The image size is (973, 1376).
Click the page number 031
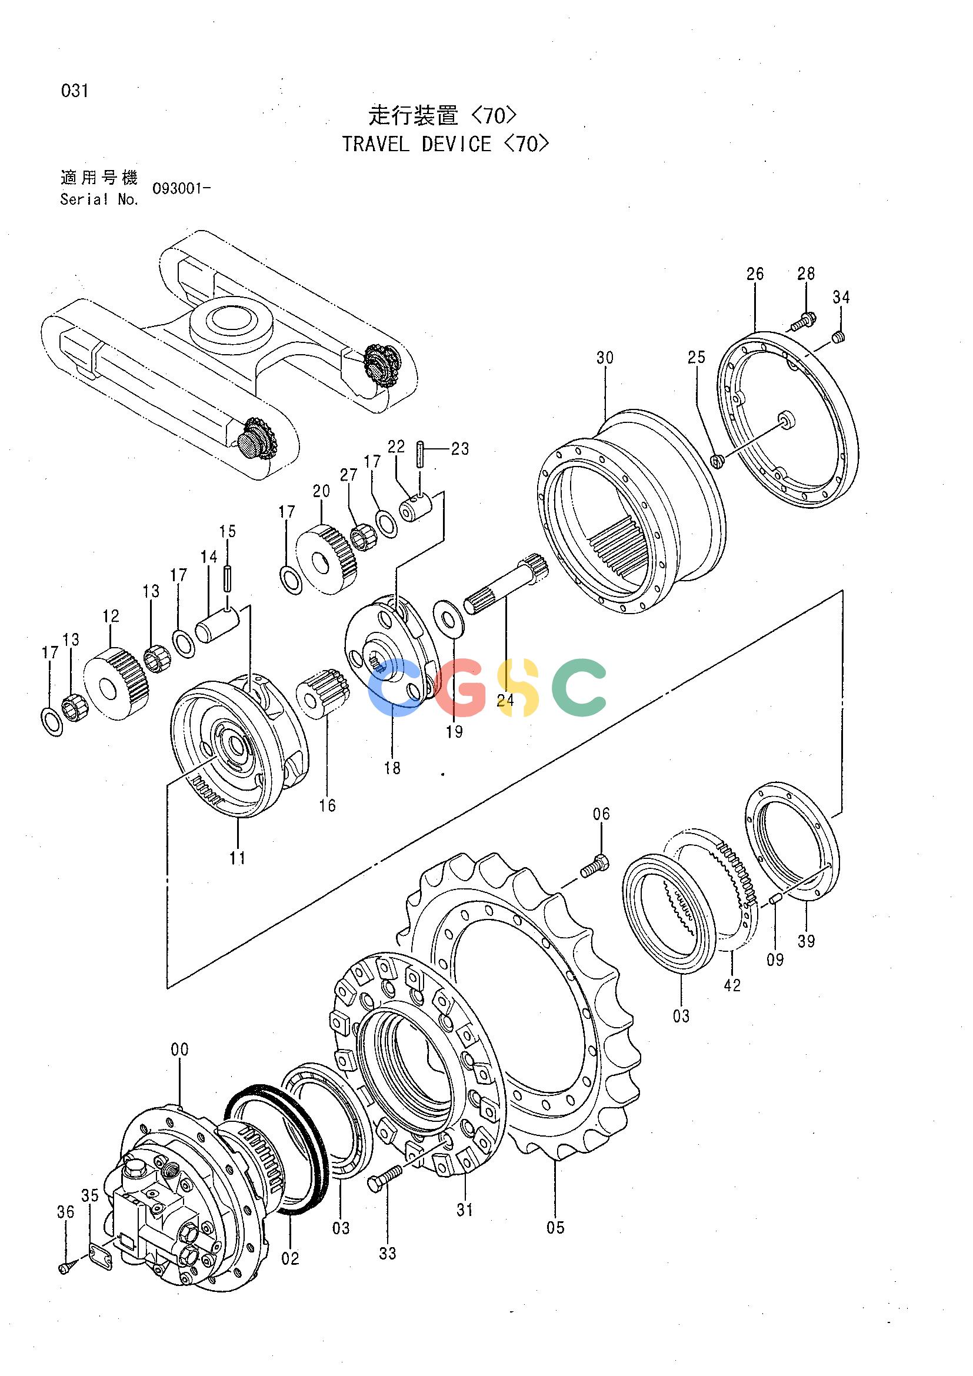(x=75, y=91)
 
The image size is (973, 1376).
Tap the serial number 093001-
(x=181, y=189)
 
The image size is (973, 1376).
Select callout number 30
(x=605, y=358)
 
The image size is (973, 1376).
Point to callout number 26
(x=755, y=274)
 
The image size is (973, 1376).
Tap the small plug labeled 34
(x=839, y=338)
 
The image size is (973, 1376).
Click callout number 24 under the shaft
(x=505, y=700)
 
